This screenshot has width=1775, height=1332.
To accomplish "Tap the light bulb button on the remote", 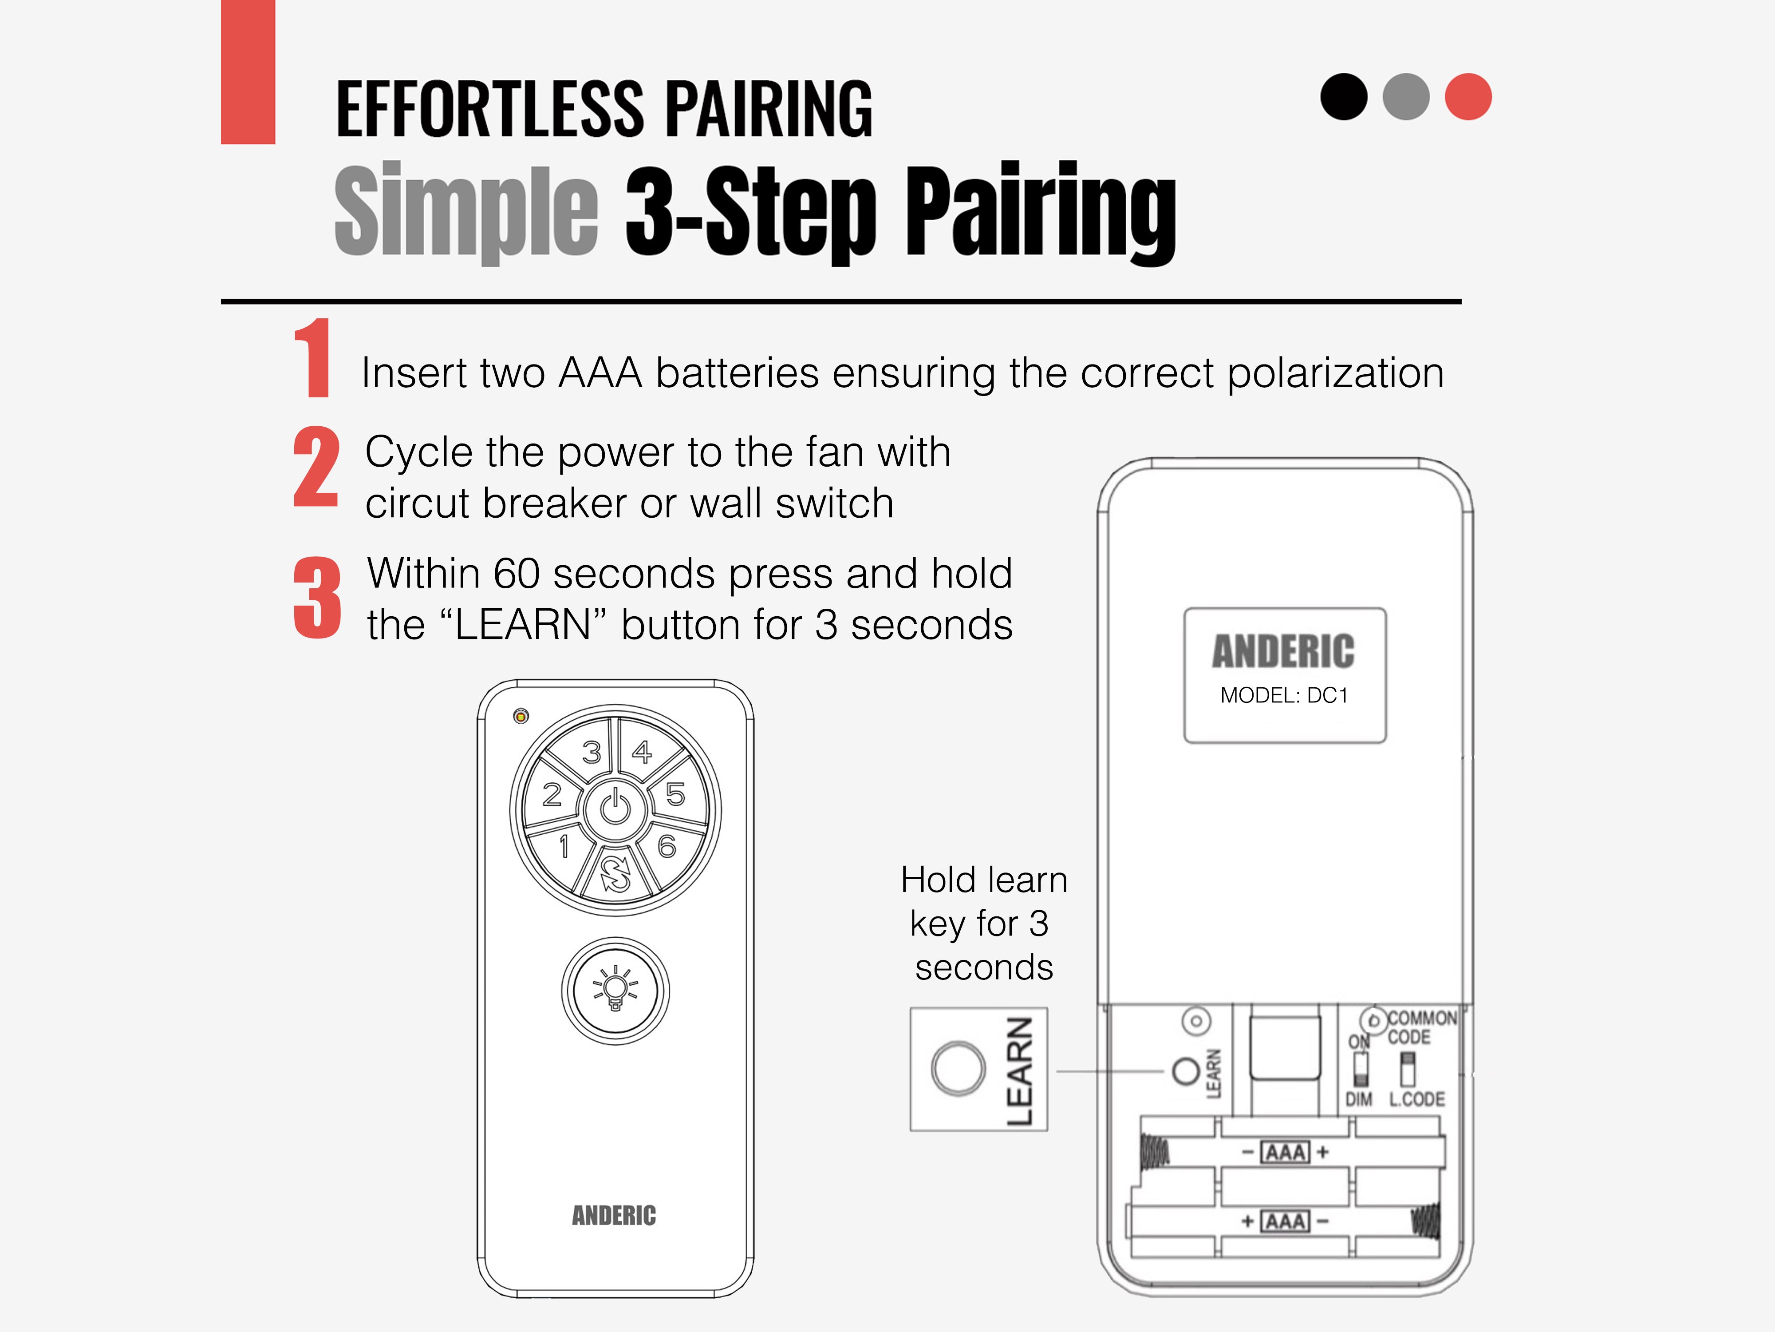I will (x=615, y=990).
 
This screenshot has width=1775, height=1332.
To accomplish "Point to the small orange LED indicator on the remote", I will (x=521, y=715).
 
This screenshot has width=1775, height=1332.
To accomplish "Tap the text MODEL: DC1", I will (x=1284, y=695).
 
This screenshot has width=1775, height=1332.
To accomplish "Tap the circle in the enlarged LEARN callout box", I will (x=958, y=1069).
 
